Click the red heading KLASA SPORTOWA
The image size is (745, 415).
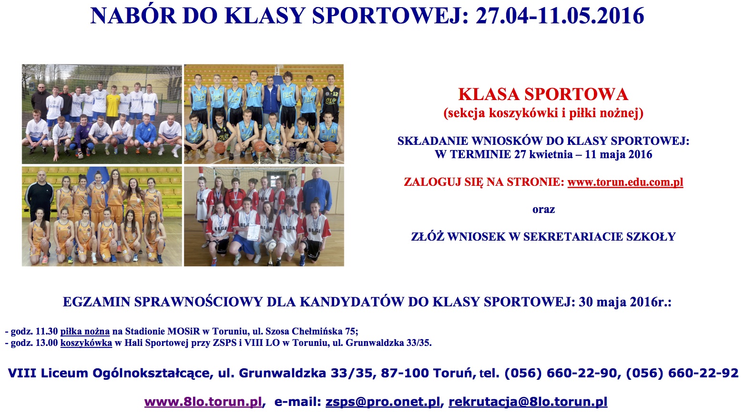click(x=543, y=94)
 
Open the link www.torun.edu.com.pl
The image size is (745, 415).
click(x=625, y=182)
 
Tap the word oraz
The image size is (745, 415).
click(x=543, y=210)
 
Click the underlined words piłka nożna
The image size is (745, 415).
click(x=85, y=332)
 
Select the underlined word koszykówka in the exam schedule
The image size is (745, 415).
click(x=86, y=343)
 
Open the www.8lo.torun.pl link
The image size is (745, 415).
click(x=203, y=402)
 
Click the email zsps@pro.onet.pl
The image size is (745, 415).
click(x=382, y=402)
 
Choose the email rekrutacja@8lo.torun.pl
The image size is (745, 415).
click(x=528, y=402)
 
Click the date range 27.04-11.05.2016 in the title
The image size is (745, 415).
click(x=560, y=16)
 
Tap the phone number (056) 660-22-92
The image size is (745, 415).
click(x=682, y=373)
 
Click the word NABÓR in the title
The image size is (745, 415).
click(x=133, y=16)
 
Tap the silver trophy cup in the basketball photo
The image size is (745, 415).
click(x=277, y=152)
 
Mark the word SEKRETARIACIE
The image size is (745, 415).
click(x=570, y=237)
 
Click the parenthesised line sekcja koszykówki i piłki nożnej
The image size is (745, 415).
click(x=543, y=113)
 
